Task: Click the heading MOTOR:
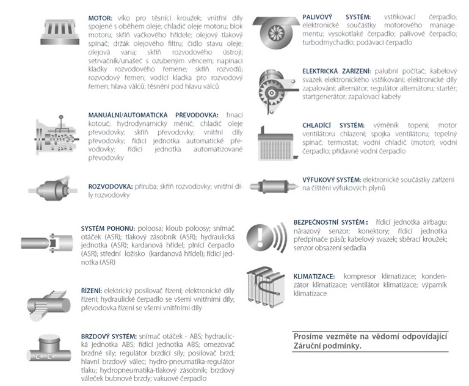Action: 100,18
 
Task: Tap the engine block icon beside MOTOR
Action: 60,32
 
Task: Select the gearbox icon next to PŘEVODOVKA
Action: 57,136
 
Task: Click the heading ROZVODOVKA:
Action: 110,187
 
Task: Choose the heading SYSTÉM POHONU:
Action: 108,228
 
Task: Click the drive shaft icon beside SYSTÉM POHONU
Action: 47,242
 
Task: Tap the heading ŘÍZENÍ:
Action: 92,291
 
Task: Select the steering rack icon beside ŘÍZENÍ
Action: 49,305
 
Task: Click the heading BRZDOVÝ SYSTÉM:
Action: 109,337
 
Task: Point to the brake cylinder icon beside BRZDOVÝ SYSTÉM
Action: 49,349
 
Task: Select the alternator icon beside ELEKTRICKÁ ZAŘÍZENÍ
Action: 277,91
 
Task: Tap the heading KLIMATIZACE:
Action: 314,276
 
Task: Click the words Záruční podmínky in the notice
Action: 327,346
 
